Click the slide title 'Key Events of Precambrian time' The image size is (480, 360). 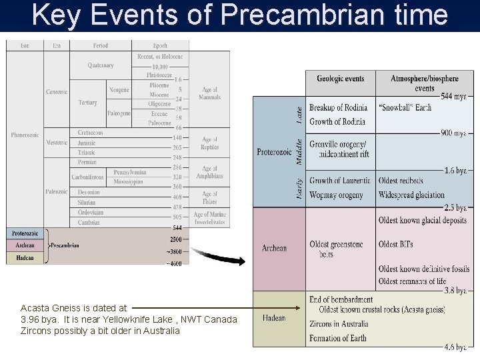tap(240, 15)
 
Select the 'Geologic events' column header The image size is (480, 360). tap(340, 79)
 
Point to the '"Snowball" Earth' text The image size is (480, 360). tap(405, 108)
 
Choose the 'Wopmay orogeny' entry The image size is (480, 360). tap(337, 195)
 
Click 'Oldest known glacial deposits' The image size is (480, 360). tap(423, 221)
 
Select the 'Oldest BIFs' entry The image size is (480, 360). tap(395, 245)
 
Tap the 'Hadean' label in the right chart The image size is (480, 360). tap(274, 318)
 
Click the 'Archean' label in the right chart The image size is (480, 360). tap(274, 249)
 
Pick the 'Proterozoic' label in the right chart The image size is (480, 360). tap(274, 152)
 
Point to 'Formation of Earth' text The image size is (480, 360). tap(338, 338)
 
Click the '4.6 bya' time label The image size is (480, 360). tap(455, 347)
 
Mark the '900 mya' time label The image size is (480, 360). tap(453, 133)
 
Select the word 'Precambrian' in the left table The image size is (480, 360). tap(64, 245)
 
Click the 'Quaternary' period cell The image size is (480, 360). tap(101, 65)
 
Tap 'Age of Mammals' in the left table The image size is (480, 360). tap(209, 93)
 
